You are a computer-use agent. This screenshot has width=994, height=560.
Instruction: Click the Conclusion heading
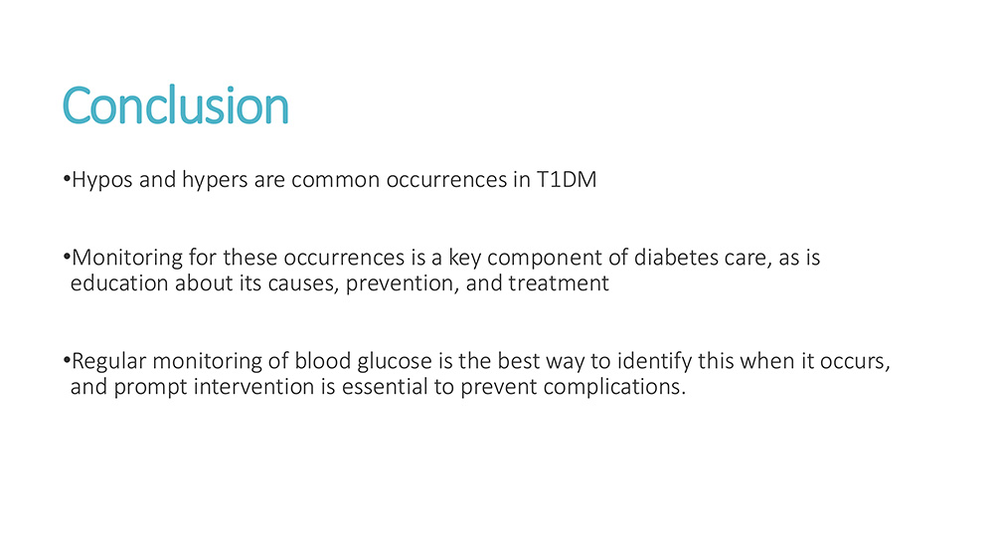pos(176,105)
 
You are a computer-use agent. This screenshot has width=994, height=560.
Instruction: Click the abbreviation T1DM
pos(567,179)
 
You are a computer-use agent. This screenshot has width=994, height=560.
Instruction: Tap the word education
pos(119,282)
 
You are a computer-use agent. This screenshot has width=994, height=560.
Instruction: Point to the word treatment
pos(559,283)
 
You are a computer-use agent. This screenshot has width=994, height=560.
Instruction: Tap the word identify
pos(654,362)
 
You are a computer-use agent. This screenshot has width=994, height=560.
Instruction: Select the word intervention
pos(253,386)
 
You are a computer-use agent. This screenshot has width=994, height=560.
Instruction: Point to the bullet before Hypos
pos(67,179)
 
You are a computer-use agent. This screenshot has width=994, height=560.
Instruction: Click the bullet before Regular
pos(67,360)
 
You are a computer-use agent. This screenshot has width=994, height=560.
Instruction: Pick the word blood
pos(323,361)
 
